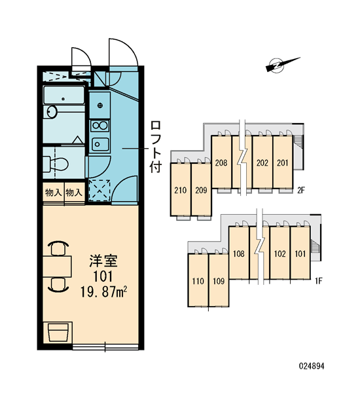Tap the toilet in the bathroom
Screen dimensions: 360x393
[56, 164]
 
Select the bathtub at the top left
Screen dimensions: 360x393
[63, 95]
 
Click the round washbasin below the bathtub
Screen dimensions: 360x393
[52, 111]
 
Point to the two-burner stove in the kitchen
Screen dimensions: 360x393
[99, 126]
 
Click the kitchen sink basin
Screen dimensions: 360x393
[100, 144]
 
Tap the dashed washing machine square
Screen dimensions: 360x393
[99, 191]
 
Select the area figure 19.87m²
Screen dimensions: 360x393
[103, 292]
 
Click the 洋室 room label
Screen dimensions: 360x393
[103, 261]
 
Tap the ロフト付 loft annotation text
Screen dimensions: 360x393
[156, 147]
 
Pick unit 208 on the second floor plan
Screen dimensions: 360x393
[221, 163]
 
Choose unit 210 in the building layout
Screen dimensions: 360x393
[181, 191]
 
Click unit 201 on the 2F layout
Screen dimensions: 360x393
[283, 163]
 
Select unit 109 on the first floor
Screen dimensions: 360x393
[219, 281]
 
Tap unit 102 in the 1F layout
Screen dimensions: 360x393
[280, 253]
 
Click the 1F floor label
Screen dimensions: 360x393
[318, 282]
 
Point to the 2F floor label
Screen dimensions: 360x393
[301, 191]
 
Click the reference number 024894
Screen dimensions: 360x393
[312, 366]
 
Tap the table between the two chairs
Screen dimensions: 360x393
[57, 267]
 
